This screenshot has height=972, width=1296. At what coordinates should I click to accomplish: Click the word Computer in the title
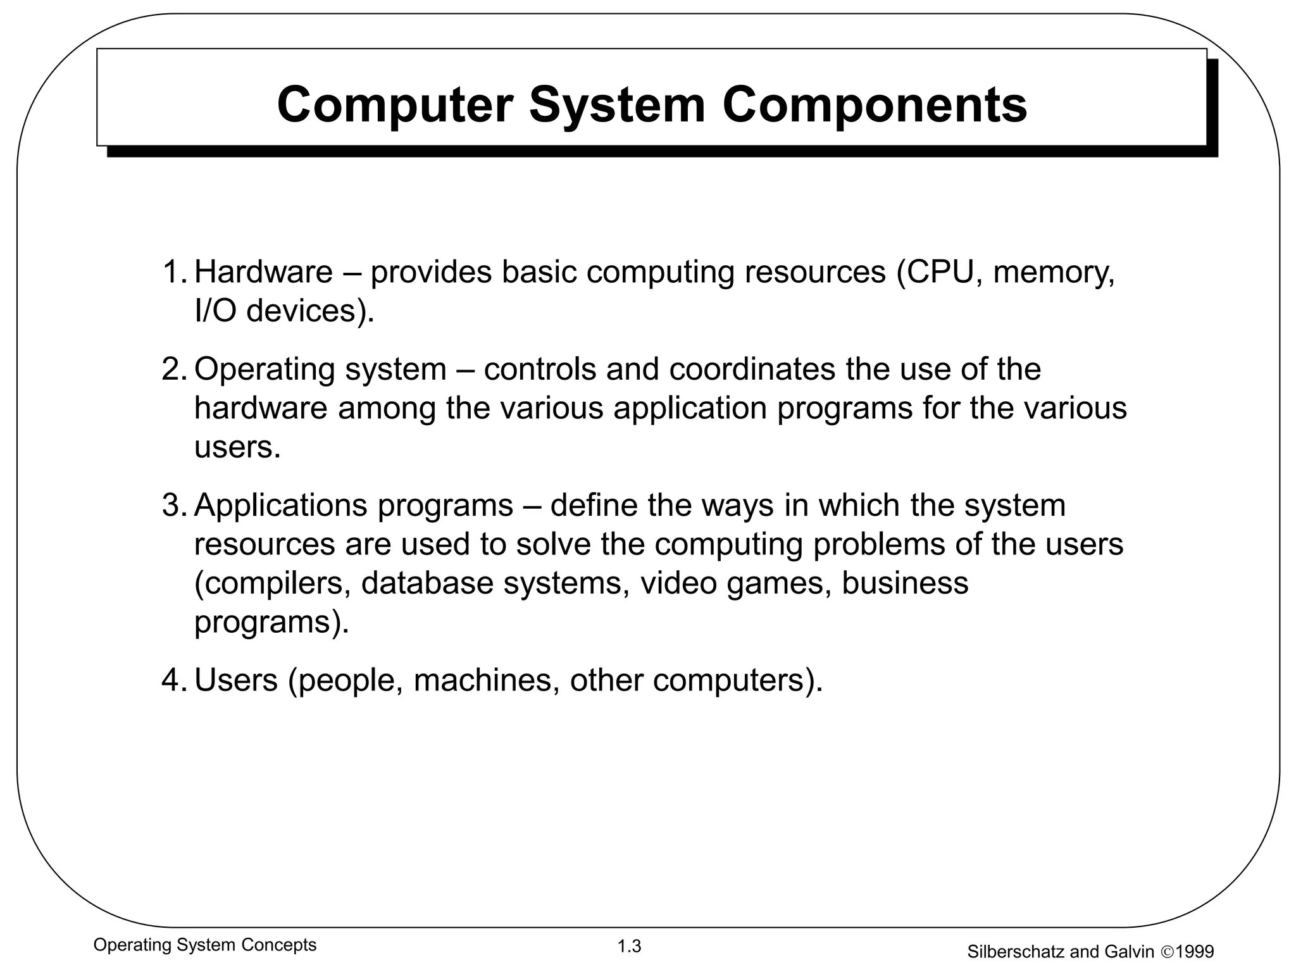(x=394, y=105)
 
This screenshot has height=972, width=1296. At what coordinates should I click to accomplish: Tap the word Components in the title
(x=875, y=105)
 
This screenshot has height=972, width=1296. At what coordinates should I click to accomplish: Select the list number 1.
(x=173, y=272)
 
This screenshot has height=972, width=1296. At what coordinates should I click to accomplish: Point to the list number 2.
(x=173, y=370)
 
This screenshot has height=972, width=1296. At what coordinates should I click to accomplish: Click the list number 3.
(x=173, y=506)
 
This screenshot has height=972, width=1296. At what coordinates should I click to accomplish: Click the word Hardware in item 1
(x=263, y=272)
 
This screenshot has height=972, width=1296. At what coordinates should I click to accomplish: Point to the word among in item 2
(x=387, y=409)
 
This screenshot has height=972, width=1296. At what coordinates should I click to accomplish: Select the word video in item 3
(x=678, y=583)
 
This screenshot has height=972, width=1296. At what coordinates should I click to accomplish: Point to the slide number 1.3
(x=630, y=947)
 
